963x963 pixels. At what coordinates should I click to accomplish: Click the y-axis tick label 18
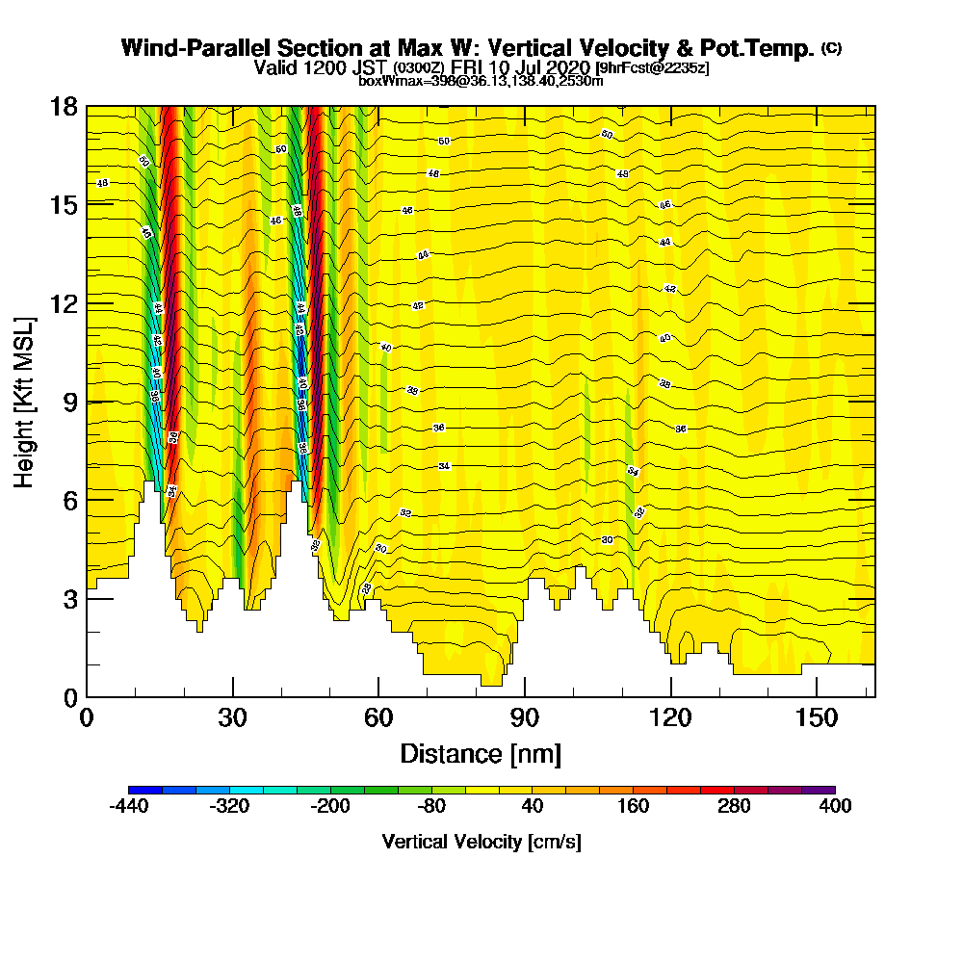tap(64, 107)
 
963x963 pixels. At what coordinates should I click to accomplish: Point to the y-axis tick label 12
tap(64, 303)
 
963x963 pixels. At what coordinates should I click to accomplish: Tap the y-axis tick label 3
tap(70, 598)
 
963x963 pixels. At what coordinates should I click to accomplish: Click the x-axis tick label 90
tap(525, 719)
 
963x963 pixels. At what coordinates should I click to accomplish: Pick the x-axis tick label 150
tap(817, 719)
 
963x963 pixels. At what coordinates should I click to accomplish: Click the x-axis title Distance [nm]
tap(481, 753)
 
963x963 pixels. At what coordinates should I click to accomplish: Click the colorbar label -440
tap(129, 807)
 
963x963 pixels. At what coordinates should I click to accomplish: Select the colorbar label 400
tap(835, 807)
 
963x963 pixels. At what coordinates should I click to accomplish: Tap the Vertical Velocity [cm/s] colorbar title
tap(481, 842)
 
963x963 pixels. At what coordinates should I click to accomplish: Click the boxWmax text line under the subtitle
tap(481, 81)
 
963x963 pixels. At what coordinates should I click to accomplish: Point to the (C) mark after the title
tap(831, 47)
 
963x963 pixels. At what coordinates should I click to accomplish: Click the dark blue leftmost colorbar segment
tap(145, 790)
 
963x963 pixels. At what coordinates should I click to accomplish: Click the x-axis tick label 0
tap(87, 719)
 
